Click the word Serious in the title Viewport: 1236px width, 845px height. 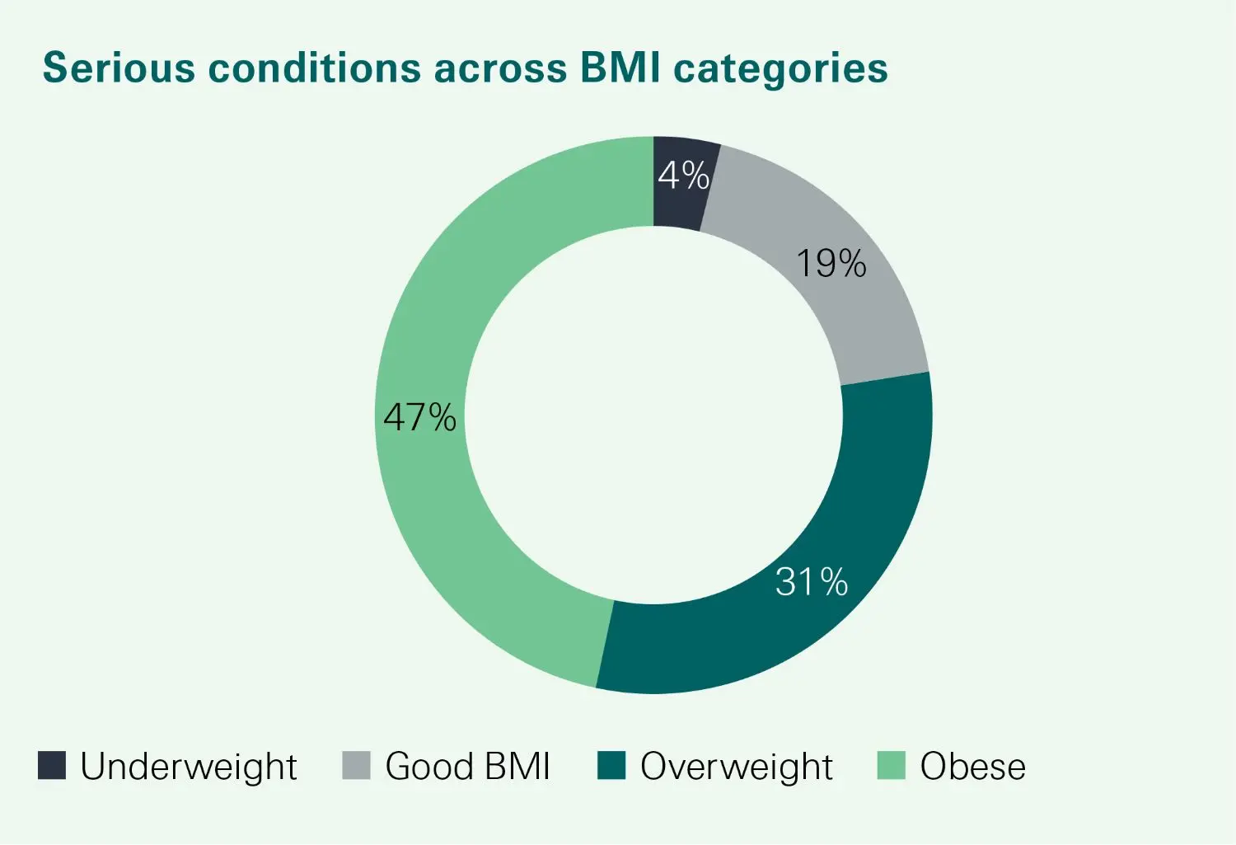click(x=119, y=68)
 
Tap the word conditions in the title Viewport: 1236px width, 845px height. click(x=314, y=68)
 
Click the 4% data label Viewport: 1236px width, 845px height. click(x=683, y=176)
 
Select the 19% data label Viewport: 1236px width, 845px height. click(x=830, y=264)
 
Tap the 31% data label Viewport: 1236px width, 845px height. click(x=812, y=583)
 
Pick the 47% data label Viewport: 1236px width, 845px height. click(x=419, y=417)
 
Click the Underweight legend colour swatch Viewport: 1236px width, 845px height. click(x=52, y=766)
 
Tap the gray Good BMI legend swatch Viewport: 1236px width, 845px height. click(x=356, y=766)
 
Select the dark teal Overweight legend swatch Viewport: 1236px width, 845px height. click(x=611, y=766)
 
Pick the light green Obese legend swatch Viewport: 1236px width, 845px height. click(x=892, y=766)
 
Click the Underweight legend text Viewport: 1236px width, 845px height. click(x=189, y=768)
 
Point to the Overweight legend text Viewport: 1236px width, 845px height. click(x=737, y=768)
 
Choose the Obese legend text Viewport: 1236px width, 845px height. click(x=973, y=767)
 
